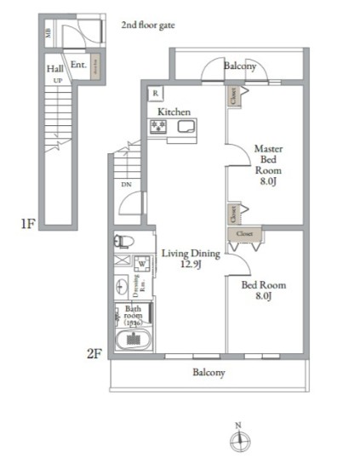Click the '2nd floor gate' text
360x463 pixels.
point(148,26)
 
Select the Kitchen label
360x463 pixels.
point(173,111)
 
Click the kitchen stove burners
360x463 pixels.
point(159,127)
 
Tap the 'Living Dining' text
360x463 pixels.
point(191,253)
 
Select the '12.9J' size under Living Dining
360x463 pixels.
point(191,264)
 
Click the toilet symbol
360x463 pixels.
point(123,241)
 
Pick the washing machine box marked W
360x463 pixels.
point(140,262)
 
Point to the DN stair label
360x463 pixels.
point(126,184)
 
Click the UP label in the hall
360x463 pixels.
point(58,80)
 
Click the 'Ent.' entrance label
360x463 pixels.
point(77,64)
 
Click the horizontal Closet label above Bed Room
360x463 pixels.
point(244,231)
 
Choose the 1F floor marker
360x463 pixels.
point(27,225)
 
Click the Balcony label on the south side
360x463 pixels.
point(209,373)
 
